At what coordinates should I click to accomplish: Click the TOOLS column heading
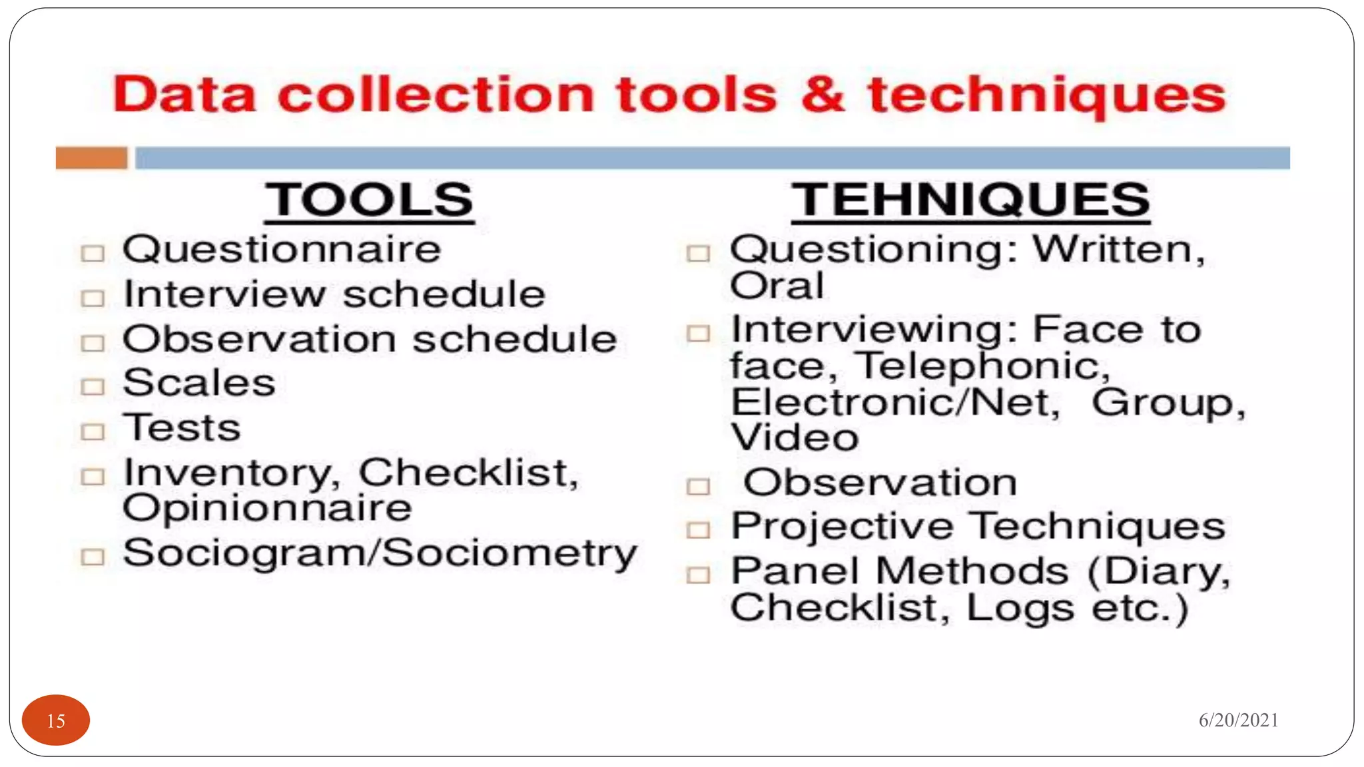pyautogui.click(x=369, y=200)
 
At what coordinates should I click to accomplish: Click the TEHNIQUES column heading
pyautogui.click(x=970, y=200)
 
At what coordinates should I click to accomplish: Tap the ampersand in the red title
pyautogui.click(x=823, y=95)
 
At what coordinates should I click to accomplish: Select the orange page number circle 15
pyautogui.click(x=56, y=720)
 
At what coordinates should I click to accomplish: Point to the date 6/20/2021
pyautogui.click(x=1238, y=720)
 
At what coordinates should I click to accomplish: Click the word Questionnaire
pyautogui.click(x=282, y=250)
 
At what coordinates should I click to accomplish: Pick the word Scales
pyautogui.click(x=199, y=383)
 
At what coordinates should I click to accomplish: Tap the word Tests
pyautogui.click(x=182, y=428)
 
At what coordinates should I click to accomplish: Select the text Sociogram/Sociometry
pyautogui.click(x=380, y=553)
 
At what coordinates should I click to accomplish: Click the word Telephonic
pyautogui.click(x=982, y=366)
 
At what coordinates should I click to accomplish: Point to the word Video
pyautogui.click(x=795, y=438)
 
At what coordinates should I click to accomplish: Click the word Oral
pyautogui.click(x=777, y=286)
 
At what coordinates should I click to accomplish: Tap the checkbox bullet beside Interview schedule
pyautogui.click(x=93, y=298)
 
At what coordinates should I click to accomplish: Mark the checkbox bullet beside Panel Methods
pyautogui.click(x=698, y=575)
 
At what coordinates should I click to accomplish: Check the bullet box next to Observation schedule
pyautogui.click(x=93, y=343)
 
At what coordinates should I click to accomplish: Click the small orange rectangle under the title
pyautogui.click(x=91, y=158)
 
